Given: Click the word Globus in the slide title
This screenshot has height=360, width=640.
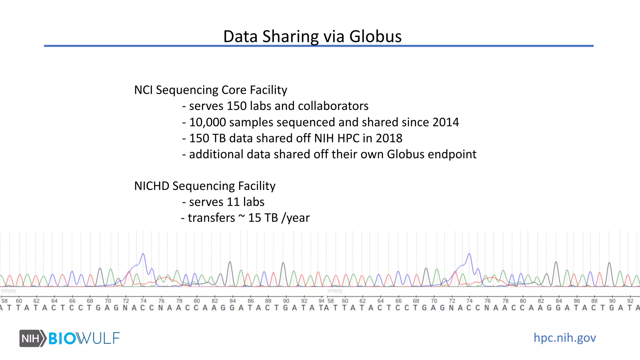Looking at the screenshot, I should pyautogui.click(x=375, y=36).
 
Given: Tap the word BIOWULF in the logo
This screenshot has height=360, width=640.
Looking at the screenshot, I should pyautogui.click(x=84, y=338).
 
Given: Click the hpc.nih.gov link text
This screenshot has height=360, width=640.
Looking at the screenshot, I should pyautogui.click(x=564, y=338).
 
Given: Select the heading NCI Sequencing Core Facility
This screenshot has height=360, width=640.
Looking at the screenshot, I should pyautogui.click(x=210, y=90).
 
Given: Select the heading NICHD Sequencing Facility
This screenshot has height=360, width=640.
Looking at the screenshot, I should pyautogui.click(x=205, y=186).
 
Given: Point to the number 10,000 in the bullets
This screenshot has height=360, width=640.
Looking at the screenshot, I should pyautogui.click(x=207, y=122).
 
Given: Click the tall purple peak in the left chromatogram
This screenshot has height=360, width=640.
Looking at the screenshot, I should pyautogui.click(x=143, y=255).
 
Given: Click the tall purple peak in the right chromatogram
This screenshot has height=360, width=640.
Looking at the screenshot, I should pyautogui.click(x=469, y=255).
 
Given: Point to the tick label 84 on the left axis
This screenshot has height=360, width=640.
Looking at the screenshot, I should pyautogui.click(x=232, y=301).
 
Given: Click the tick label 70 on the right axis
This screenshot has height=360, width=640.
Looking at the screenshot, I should pyautogui.click(x=434, y=301).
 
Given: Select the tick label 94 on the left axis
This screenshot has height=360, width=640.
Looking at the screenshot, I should pyautogui.click(x=321, y=301).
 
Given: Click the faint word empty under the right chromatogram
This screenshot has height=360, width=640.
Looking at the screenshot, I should pyautogui.click(x=335, y=291).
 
